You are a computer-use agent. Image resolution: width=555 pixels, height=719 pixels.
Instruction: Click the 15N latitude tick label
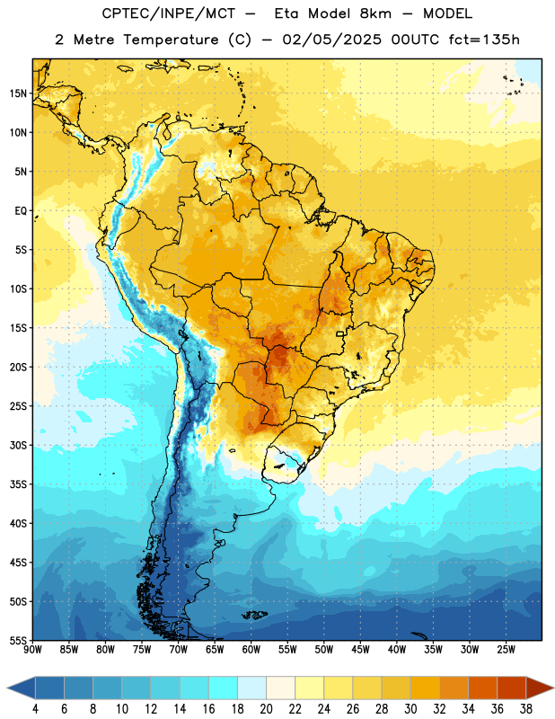click(18, 93)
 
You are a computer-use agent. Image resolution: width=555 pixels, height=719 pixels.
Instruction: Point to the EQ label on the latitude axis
click(21, 211)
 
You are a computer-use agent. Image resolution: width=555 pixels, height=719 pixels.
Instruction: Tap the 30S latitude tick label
click(18, 445)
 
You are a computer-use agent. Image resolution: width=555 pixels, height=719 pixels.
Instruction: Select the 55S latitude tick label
click(18, 641)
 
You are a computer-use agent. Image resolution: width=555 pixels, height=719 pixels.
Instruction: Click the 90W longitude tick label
click(32, 649)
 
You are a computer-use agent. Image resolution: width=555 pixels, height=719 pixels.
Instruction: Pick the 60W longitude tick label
click(251, 649)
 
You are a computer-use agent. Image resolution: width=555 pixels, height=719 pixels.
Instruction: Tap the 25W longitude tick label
click(506, 649)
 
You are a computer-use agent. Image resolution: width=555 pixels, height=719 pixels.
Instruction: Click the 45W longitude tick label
click(361, 649)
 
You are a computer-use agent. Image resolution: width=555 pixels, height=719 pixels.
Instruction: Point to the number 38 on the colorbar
click(526, 709)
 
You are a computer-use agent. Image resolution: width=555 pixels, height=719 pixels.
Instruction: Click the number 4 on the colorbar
click(35, 709)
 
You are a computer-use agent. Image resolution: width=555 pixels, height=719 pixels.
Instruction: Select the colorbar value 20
click(266, 709)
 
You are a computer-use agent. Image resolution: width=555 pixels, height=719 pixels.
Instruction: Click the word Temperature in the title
click(171, 40)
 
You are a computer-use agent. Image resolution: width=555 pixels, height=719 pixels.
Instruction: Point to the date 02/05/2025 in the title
click(331, 40)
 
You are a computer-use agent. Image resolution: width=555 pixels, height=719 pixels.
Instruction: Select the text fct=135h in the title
click(484, 40)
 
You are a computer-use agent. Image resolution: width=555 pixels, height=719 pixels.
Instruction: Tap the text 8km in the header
click(375, 13)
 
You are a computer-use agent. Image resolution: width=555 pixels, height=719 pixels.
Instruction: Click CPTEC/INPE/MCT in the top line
click(169, 13)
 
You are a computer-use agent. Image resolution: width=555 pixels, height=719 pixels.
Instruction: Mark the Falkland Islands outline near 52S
click(254, 615)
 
